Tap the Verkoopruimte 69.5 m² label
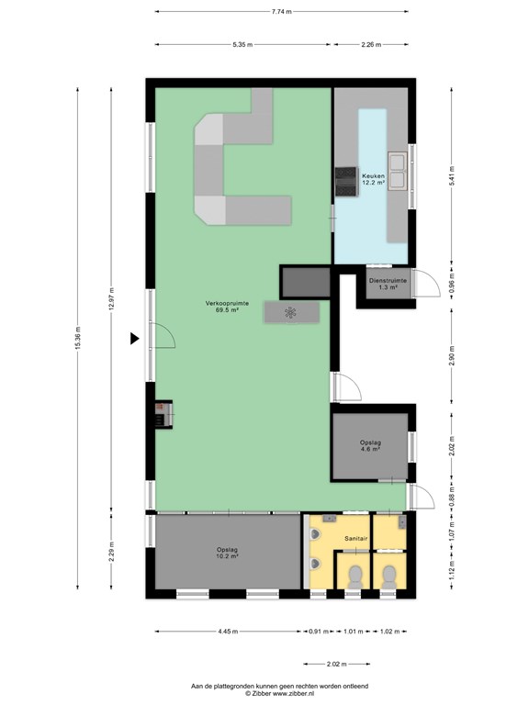click(227, 307)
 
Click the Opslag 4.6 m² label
click(370, 445)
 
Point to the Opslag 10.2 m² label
click(227, 553)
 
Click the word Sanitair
click(356, 538)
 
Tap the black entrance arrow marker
click(134, 338)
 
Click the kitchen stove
click(346, 181)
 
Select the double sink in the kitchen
click(398, 172)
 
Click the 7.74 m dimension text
click(282, 12)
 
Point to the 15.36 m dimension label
click(78, 338)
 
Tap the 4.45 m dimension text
click(228, 632)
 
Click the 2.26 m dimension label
click(371, 44)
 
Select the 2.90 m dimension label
click(452, 355)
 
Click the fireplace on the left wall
click(163, 414)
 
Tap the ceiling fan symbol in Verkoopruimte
click(290, 312)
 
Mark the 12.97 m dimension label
click(111, 298)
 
